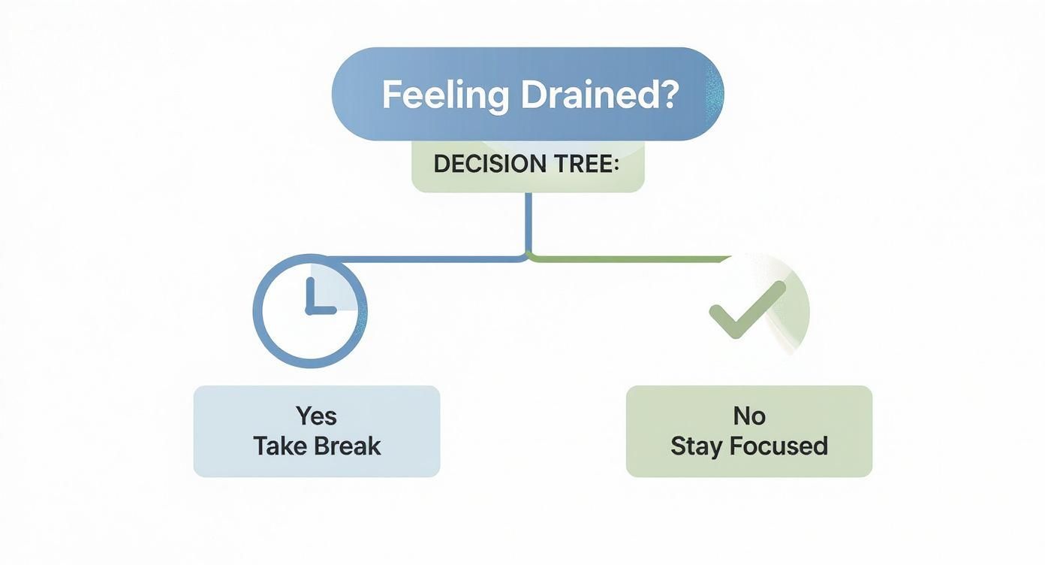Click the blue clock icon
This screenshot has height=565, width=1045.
tap(310, 310)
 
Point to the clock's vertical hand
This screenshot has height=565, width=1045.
tap(309, 295)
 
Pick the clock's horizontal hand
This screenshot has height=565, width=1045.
tap(321, 310)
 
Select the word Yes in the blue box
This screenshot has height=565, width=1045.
tap(316, 415)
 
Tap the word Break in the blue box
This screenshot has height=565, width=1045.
tap(348, 446)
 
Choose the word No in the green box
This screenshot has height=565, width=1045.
tap(748, 415)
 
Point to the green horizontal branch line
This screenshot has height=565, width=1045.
tap(631, 258)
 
